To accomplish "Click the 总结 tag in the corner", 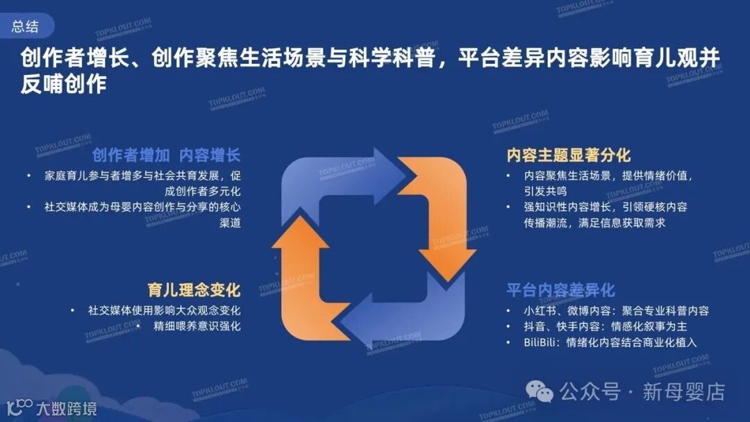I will [25, 26].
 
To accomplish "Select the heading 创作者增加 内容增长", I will [166, 155].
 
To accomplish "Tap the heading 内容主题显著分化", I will [569, 155].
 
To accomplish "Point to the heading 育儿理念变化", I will [193, 289].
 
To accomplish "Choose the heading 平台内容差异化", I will [560, 289].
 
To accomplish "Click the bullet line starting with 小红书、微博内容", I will [616, 310].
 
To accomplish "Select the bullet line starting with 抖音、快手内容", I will [606, 326].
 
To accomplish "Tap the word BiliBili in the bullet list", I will [542, 342].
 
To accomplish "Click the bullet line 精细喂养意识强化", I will [197, 326].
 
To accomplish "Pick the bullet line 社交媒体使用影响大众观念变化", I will [164, 310].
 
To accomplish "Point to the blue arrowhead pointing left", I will [365, 326].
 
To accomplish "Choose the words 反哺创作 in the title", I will [63, 84].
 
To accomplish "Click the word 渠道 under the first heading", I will [230, 223].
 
